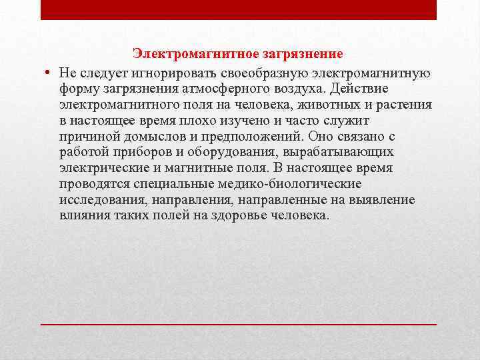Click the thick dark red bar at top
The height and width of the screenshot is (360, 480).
coord(239,9)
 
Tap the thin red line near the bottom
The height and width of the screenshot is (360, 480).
coord(239,323)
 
